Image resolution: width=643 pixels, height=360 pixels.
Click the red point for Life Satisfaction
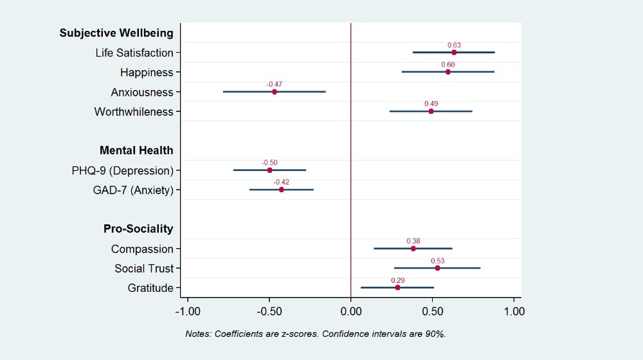tap(454, 53)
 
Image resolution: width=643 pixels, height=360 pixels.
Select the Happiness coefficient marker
tap(448, 72)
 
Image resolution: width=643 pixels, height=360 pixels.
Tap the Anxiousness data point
tap(275, 92)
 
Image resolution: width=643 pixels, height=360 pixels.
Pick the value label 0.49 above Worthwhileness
tap(431, 104)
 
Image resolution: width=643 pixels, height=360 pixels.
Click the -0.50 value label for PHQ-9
tap(269, 163)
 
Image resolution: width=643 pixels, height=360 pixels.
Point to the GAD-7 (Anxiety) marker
tap(282, 190)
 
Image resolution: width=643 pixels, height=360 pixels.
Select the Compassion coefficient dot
tap(413, 249)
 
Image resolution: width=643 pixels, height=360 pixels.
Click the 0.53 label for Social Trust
tap(437, 261)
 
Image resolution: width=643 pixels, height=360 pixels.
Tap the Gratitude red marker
tap(398, 287)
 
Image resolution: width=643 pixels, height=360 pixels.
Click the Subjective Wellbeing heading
tap(116, 33)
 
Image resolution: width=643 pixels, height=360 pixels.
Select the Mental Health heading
tap(136, 150)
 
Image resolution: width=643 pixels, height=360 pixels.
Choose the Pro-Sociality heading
tap(138, 229)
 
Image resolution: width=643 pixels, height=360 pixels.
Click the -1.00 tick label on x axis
tap(187, 312)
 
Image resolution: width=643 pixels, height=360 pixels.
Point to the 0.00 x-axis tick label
tap(350, 312)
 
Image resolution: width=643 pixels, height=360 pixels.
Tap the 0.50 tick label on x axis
tap(432, 312)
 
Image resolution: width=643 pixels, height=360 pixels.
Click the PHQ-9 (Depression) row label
tap(123, 170)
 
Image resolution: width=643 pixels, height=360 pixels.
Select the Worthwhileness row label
tap(134, 112)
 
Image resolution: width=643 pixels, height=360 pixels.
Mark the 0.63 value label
tap(454, 45)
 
